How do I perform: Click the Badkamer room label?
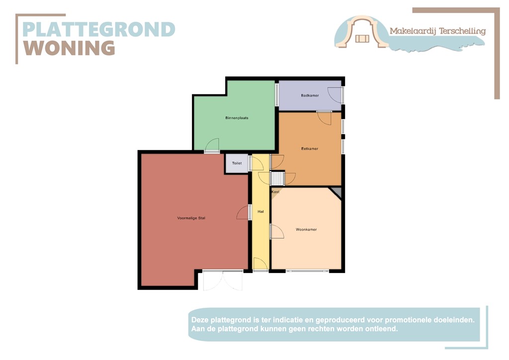tap(310, 95)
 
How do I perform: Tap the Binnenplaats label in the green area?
tap(237, 118)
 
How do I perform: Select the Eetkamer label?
tap(310, 149)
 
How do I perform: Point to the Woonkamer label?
tap(306, 229)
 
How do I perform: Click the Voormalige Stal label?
tap(191, 218)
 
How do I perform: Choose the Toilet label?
tap(237, 163)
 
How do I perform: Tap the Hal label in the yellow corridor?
tap(260, 211)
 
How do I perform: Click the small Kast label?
tap(275, 191)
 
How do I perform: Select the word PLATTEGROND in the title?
tap(99, 29)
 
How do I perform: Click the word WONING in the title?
tap(70, 48)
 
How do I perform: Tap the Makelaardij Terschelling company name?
tap(437, 31)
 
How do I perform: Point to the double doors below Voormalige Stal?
tap(223, 280)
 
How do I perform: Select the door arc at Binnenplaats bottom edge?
tap(212, 145)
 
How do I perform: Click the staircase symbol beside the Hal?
tap(277, 178)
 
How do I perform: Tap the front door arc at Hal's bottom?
tap(260, 265)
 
